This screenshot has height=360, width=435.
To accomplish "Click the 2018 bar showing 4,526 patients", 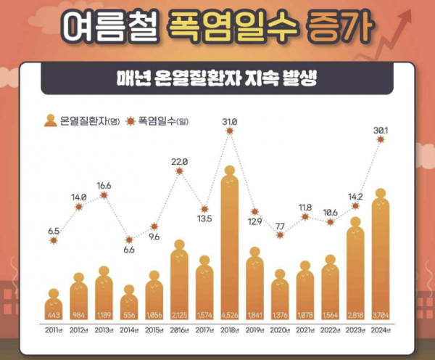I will pyautogui.click(x=229, y=247).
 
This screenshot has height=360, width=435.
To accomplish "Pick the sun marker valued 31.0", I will pyautogui.click(x=230, y=131).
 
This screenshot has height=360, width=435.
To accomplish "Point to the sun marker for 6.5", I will pyautogui.click(x=54, y=240).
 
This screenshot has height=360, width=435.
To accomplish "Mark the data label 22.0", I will pyautogui.click(x=179, y=161).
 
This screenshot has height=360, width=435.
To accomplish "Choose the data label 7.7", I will pyautogui.click(x=280, y=226).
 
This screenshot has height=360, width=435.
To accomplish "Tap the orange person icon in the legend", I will pyautogui.click(x=51, y=120).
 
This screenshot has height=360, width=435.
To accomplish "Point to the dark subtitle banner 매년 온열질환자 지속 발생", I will pyautogui.click(x=217, y=78).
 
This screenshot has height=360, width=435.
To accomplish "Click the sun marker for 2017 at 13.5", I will pyautogui.click(x=204, y=209).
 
